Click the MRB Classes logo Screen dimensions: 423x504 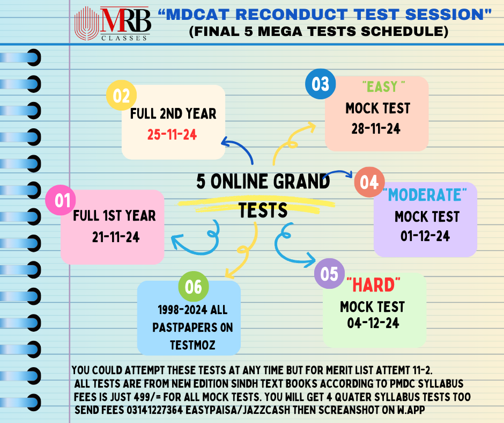pos(113,23)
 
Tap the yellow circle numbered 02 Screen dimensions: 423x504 pos(122,96)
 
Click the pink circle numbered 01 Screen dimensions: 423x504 pos(62,201)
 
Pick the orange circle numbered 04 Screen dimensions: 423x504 pos(369,183)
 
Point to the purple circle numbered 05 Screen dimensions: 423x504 pos(329,274)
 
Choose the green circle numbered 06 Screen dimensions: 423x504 pos(193,287)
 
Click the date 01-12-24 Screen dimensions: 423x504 pos(425,236)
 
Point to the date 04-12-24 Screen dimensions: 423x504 pos(372,324)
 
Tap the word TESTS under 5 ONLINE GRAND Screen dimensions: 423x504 pos(263,210)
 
